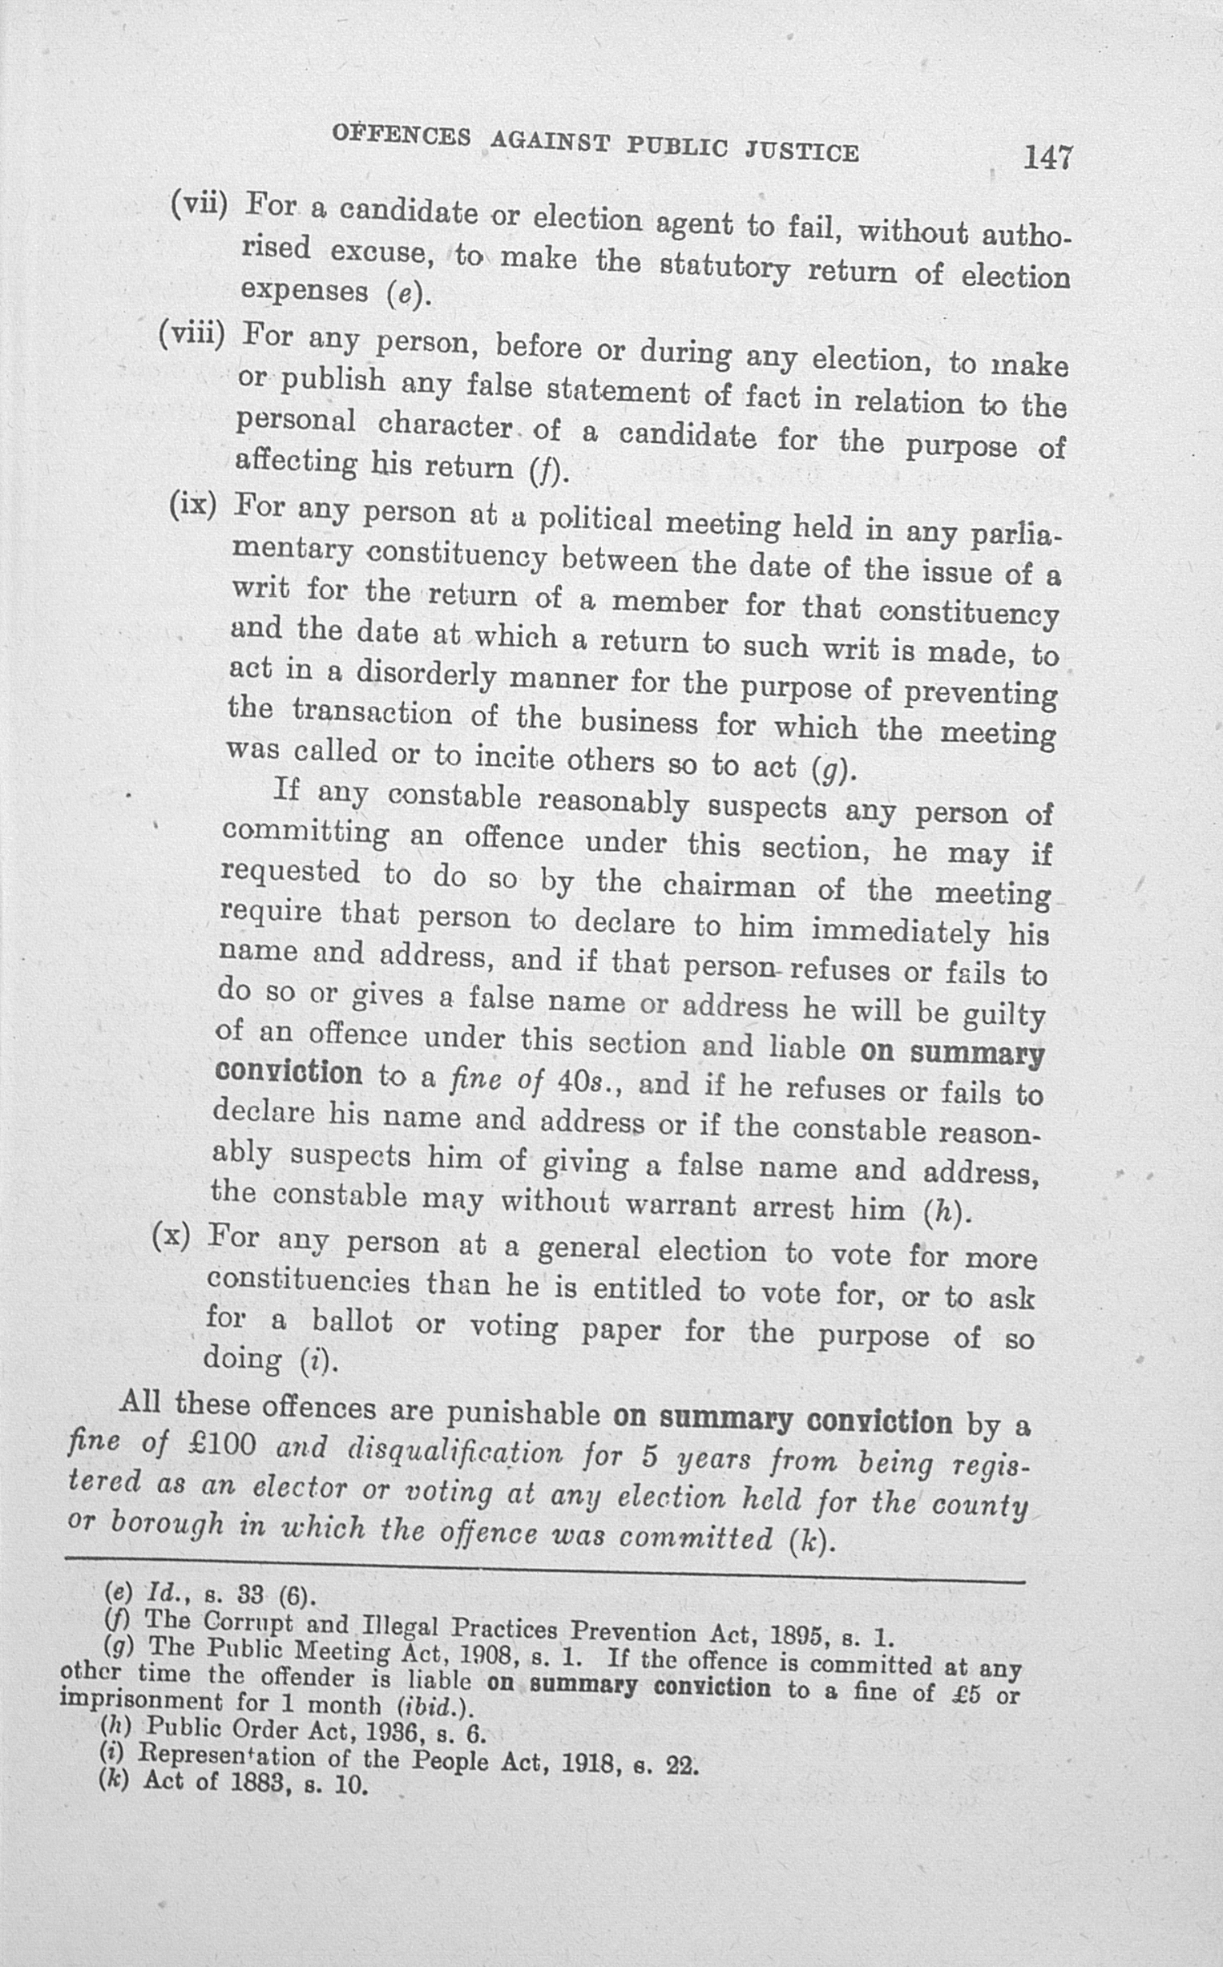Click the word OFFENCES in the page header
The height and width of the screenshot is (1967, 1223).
402,135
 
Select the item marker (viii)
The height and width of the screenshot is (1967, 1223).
192,333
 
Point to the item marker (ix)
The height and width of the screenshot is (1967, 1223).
193,506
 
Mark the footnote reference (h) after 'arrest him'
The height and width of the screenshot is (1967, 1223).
945,1214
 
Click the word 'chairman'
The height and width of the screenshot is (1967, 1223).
729,887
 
